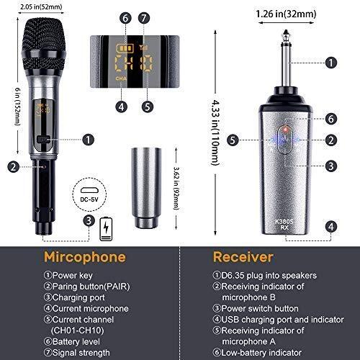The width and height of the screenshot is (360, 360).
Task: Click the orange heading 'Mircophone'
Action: [85, 257]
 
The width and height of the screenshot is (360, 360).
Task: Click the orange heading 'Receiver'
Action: [243, 257]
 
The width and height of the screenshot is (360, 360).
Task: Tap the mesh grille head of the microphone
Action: [44, 45]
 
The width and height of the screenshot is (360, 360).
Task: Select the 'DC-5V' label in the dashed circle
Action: [89, 199]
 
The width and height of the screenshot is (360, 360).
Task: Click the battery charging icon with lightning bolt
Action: [106, 229]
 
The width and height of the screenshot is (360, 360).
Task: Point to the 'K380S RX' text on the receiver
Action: [284, 224]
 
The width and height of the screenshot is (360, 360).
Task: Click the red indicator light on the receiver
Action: [285, 130]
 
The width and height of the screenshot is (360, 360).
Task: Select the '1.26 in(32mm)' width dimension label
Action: [286, 14]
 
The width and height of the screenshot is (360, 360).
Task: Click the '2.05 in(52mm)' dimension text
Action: [41, 6]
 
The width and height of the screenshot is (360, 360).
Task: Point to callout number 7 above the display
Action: [144, 18]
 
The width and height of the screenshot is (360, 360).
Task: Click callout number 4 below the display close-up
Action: [122, 107]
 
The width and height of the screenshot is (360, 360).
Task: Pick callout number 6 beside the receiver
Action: [331, 119]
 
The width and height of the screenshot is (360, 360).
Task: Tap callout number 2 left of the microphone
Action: [14, 166]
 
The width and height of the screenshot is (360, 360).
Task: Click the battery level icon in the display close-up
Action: [125, 48]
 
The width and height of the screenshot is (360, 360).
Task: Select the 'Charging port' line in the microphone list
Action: [74, 297]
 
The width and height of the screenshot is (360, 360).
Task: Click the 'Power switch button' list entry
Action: [256, 308]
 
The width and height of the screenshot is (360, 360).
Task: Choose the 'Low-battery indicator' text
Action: [257, 353]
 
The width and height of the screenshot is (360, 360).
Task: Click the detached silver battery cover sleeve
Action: [146, 188]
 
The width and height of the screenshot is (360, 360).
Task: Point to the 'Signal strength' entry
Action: [77, 353]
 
